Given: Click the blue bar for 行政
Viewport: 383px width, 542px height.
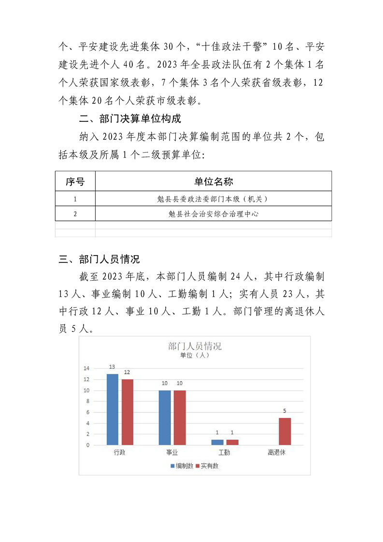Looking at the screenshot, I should click(112, 409).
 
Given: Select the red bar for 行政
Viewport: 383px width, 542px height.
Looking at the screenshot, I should click(127, 412).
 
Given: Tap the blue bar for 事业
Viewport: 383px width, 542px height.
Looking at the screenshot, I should click(165, 417).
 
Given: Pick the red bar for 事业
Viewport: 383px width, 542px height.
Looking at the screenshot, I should click(180, 417).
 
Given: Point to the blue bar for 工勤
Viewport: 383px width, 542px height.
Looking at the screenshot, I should click(217, 442).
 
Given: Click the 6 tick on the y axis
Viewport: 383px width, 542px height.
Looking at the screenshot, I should click(87, 412).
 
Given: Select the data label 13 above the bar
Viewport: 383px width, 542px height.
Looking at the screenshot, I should click(112, 367).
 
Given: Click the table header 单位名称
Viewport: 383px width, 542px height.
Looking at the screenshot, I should click(213, 182).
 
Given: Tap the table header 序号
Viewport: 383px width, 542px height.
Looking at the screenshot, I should click(75, 182).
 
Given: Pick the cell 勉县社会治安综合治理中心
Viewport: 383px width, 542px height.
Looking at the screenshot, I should click(213, 213).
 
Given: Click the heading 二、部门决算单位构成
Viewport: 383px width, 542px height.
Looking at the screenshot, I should click(130, 118).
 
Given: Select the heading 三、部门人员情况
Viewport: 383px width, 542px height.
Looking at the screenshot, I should click(99, 259).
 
